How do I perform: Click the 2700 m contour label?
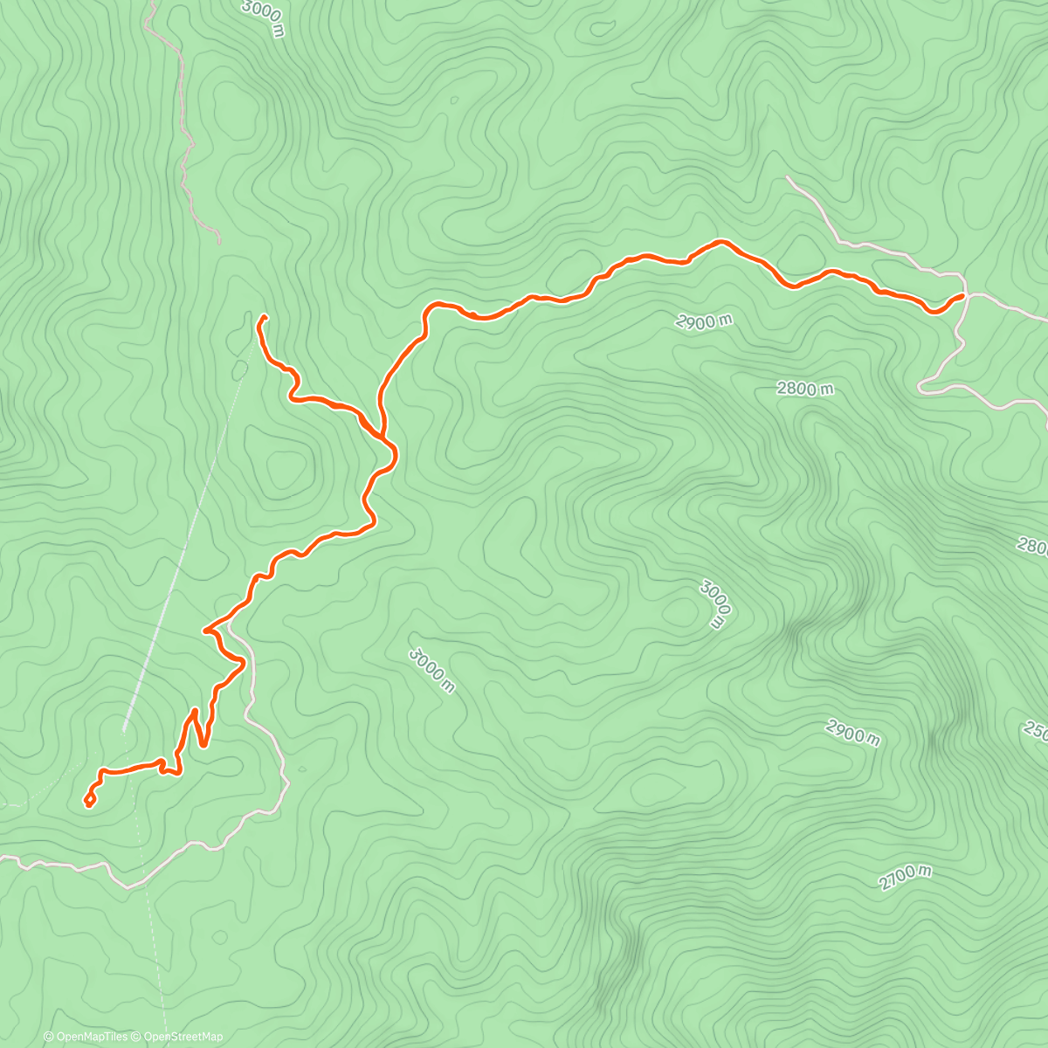pos(906,877)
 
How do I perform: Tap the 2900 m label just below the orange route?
pos(703,321)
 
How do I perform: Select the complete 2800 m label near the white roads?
pos(804,389)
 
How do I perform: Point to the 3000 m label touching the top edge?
pos(265,17)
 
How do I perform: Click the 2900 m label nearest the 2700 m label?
pos(852,733)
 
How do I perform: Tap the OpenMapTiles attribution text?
pos(92,1037)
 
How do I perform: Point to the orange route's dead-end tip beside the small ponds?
pos(262,318)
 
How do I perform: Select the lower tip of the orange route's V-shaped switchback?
pos(203,745)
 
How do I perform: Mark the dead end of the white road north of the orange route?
pos(787,177)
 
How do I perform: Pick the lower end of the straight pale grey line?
pos(125,729)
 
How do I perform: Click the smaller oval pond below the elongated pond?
pos(238,369)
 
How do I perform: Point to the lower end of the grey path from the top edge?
pos(219,243)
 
